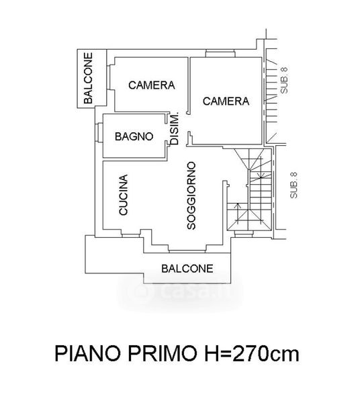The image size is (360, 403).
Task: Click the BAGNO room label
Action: [134, 136]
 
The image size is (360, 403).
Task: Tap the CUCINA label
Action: [124, 195]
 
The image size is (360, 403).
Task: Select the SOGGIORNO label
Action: [191, 195]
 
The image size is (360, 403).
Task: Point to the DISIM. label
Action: [175, 128]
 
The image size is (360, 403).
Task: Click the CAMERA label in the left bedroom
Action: [152, 85]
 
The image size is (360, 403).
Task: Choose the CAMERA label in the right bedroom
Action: [226, 101]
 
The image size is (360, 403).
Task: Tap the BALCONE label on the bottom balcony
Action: [187, 269]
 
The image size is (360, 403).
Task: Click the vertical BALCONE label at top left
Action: [88, 78]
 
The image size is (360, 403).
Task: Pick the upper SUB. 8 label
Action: [284, 81]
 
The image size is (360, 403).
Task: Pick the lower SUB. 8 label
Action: [294, 185]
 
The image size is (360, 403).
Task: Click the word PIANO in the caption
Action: [87, 354]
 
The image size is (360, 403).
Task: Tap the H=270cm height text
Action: [252, 354]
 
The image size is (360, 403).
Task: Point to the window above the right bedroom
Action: [220, 54]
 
